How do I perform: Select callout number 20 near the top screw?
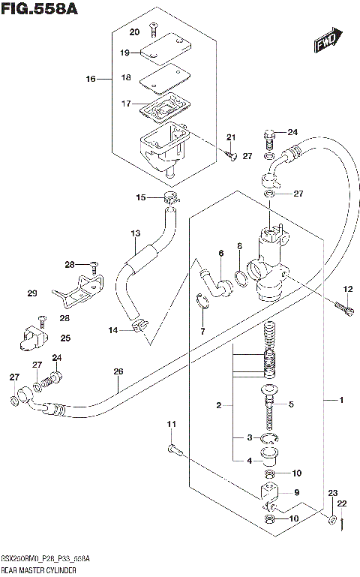[x=134, y=32]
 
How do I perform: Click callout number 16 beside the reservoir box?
[x=91, y=78]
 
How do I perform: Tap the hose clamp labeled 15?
[x=172, y=198]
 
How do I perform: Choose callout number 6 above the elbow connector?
[x=221, y=254]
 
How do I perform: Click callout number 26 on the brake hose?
[x=118, y=370]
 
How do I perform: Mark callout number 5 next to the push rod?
[x=292, y=404]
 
